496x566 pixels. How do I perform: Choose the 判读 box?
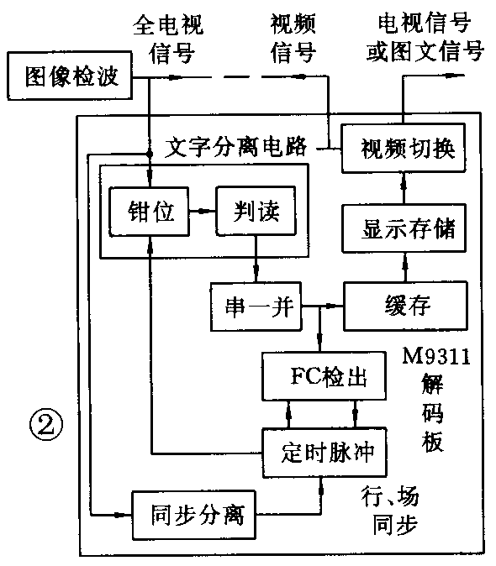256,212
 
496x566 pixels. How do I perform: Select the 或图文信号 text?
425,53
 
